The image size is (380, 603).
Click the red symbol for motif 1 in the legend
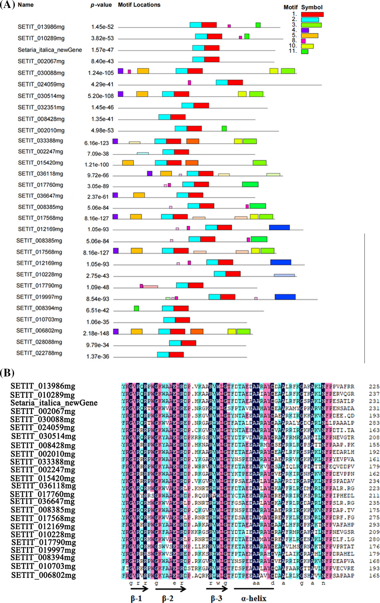(x=312, y=14)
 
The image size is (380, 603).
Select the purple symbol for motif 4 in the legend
(x=305, y=30)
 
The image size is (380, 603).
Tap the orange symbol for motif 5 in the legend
(x=310, y=35)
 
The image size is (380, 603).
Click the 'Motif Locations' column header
(x=139, y=5)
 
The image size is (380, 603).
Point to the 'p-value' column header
(x=101, y=5)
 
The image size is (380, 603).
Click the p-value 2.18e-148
(x=96, y=333)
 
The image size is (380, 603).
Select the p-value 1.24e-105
(x=101, y=73)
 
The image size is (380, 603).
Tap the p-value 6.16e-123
(x=97, y=143)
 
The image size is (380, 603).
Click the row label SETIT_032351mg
(x=41, y=107)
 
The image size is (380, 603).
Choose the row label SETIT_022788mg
(x=39, y=353)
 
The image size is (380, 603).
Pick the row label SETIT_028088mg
(x=39, y=342)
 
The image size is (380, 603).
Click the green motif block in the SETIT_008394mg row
(x=136, y=308)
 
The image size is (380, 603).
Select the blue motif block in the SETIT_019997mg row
(x=285, y=297)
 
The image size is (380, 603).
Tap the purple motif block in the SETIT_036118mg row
(x=150, y=173)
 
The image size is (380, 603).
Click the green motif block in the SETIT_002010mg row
(x=224, y=128)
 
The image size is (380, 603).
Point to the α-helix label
(x=253, y=598)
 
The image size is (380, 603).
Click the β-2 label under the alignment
(x=168, y=598)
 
